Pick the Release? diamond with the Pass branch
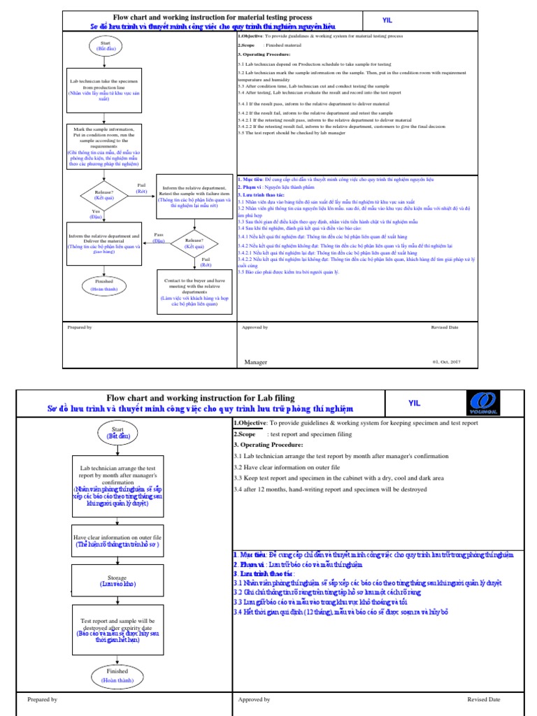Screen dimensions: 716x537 [x=194, y=244]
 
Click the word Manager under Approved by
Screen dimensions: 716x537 [x=256, y=362]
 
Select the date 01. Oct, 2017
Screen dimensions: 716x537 [x=447, y=362]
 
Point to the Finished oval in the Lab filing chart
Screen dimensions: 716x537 [x=117, y=674]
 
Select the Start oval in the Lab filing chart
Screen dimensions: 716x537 [x=117, y=432]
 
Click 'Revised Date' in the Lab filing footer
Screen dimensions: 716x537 [x=484, y=699]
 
